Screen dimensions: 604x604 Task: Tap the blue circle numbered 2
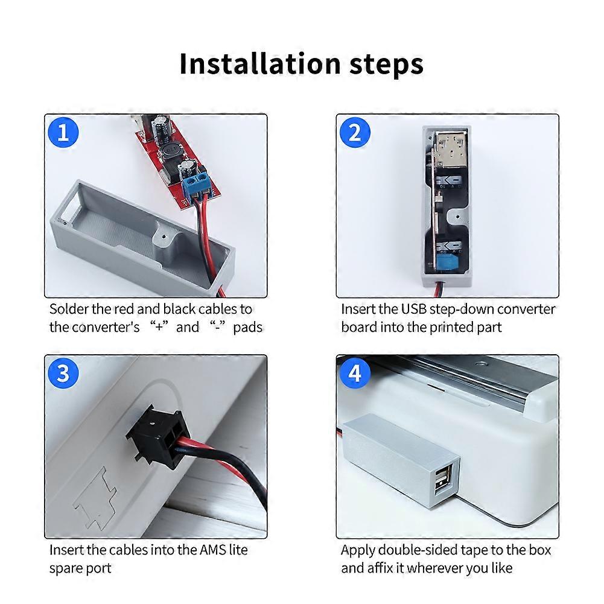click(x=355, y=132)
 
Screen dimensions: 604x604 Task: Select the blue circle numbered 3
click(x=63, y=374)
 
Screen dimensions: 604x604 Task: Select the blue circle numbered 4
click(x=355, y=374)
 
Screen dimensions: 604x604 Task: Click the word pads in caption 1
click(x=248, y=328)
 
